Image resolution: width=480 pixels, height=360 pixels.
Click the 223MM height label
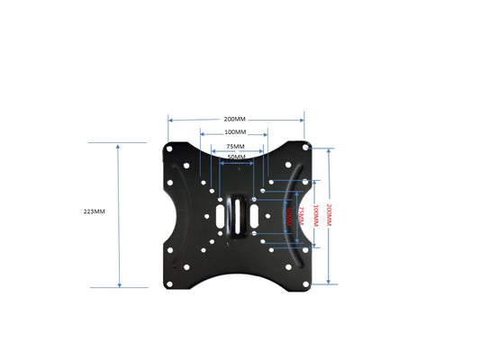click(x=94, y=211)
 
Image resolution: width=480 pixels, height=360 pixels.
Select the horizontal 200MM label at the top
click(x=235, y=119)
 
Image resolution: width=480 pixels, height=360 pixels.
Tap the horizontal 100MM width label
click(x=237, y=133)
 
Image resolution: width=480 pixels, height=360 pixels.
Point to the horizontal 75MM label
click(x=236, y=146)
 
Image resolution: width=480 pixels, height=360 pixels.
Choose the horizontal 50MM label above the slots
click(x=236, y=157)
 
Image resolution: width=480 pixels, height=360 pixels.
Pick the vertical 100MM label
click(x=313, y=216)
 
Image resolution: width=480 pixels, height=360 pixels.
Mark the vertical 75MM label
click(x=300, y=216)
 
